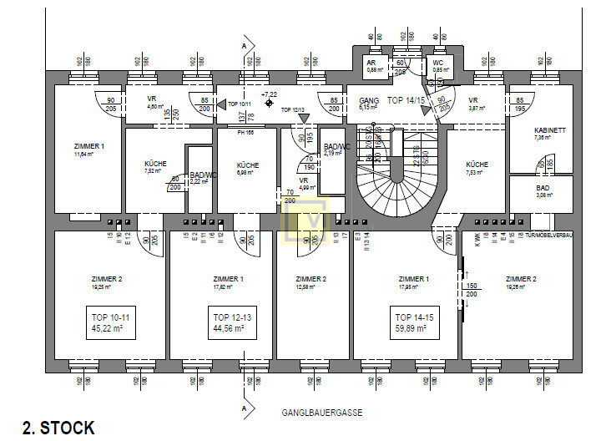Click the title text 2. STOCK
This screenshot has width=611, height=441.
pyautogui.click(x=58, y=428)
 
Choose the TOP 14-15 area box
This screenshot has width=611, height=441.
pyautogui.click(x=413, y=322)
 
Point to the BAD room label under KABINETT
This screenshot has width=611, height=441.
pyautogui.click(x=543, y=188)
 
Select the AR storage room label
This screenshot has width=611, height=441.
pyautogui.click(x=372, y=63)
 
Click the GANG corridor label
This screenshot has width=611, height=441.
pyautogui.click(x=368, y=99)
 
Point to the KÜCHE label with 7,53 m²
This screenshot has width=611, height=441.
pyautogui.click(x=477, y=165)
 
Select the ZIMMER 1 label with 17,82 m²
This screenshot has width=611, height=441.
pyautogui.click(x=229, y=279)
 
